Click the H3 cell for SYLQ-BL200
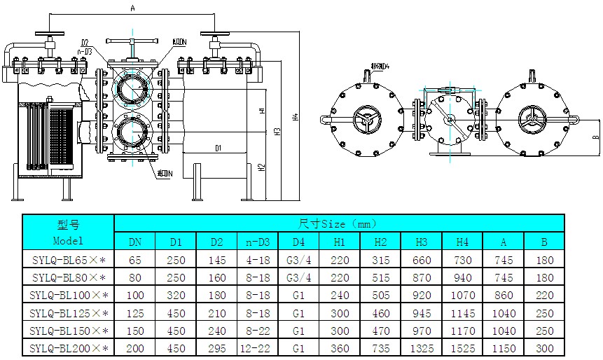(422, 347)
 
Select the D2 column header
(216, 242)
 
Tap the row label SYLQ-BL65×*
(69, 260)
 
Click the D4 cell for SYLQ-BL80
(298, 277)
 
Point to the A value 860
(504, 295)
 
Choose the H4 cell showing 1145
(462, 312)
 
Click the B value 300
(544, 347)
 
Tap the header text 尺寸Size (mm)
(338, 224)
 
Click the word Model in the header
(68, 240)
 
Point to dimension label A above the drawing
(132, 8)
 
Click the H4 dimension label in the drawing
(296, 116)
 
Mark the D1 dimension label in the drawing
(218, 148)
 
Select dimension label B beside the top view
(595, 137)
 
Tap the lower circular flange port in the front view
(132, 132)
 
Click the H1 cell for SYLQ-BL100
(340, 295)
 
